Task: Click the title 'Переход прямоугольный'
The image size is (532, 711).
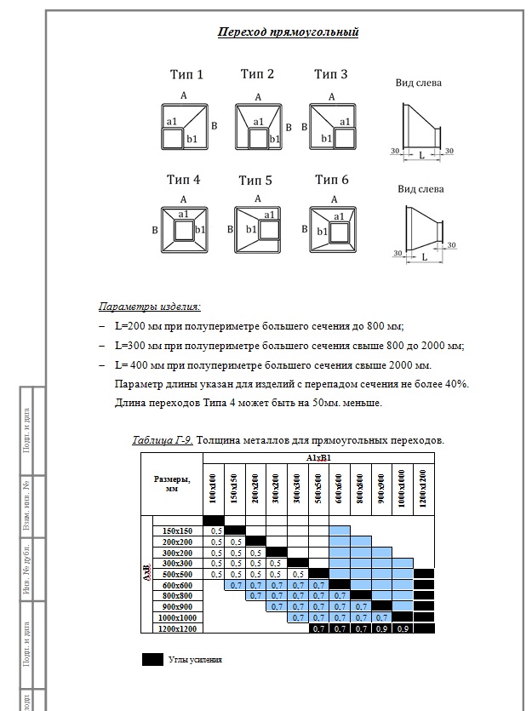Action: pyautogui.click(x=288, y=32)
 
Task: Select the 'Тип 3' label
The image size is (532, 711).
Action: pyautogui.click(x=330, y=75)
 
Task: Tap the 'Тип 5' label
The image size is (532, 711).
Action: pyautogui.click(x=255, y=181)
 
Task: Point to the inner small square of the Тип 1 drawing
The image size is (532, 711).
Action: pyautogui.click(x=173, y=140)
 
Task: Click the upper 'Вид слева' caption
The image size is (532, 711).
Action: pyautogui.click(x=419, y=83)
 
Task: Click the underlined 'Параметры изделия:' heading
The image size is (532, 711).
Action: pyautogui.click(x=149, y=307)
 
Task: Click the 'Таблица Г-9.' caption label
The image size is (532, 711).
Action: pyautogui.click(x=163, y=440)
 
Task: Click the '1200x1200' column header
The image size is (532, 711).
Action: pyautogui.click(x=423, y=490)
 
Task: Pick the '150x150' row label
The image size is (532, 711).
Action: pyautogui.click(x=178, y=530)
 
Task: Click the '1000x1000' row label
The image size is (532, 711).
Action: pyautogui.click(x=178, y=616)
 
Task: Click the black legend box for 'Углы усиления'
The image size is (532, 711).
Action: pyautogui.click(x=152, y=658)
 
